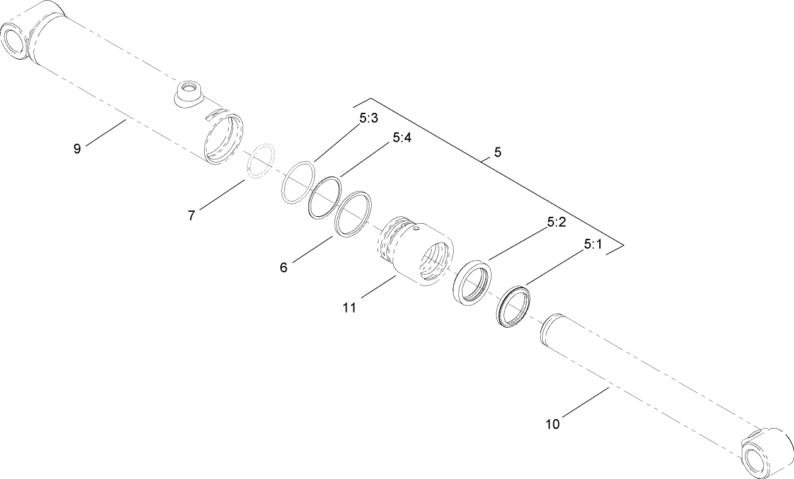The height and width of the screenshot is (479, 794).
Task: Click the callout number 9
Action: pos(77,149)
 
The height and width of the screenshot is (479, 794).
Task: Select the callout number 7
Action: pos(191,216)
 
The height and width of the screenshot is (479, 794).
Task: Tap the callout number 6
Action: pos(284,267)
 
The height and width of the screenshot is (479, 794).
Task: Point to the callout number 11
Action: pos(350,308)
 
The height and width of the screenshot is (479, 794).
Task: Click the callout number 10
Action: pos(552,424)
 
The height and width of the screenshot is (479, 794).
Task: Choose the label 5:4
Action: pos(402,137)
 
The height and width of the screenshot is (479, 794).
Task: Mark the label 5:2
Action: pos(557,222)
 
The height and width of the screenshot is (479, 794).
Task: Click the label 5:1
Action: pos(593,245)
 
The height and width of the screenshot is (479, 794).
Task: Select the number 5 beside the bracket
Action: pos(498,153)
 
